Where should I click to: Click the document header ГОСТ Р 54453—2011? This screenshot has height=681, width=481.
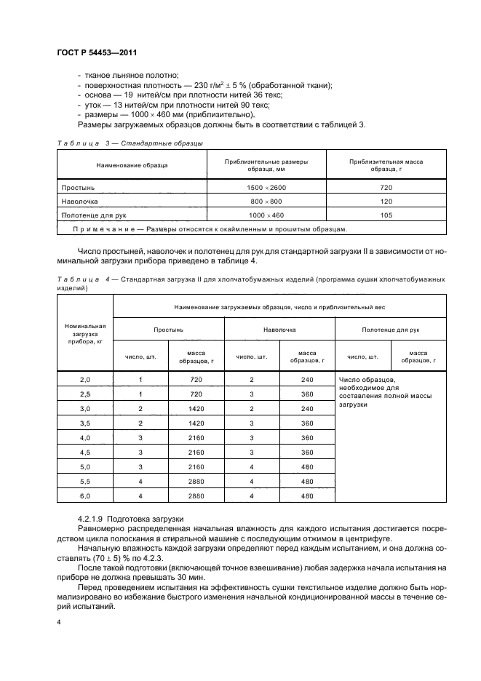97,53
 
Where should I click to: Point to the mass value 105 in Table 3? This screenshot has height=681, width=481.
386,215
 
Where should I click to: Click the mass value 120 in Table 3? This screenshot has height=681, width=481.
386,202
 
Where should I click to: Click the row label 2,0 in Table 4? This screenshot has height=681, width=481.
85,380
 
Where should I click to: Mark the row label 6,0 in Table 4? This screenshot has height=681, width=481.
85,496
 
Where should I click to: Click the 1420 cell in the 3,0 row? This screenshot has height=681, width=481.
196,409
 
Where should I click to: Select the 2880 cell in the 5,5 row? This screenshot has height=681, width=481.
196,482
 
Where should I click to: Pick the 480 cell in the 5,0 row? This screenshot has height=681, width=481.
306,467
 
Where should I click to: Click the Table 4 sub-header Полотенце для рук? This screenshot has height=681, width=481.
390,330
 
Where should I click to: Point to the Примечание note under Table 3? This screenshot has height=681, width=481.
210,229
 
